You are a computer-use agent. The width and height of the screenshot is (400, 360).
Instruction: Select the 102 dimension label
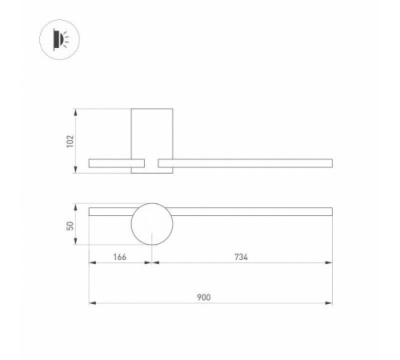point(70,140)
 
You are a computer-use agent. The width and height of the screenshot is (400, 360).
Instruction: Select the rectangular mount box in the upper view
point(152,132)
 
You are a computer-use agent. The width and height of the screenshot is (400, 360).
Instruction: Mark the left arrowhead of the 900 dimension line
point(91,303)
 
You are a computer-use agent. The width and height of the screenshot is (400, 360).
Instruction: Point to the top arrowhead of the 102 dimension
point(77,110)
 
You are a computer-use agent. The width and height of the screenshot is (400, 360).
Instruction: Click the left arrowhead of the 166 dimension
point(91,263)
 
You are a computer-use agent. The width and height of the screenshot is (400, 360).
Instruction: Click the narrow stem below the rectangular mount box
point(152,163)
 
